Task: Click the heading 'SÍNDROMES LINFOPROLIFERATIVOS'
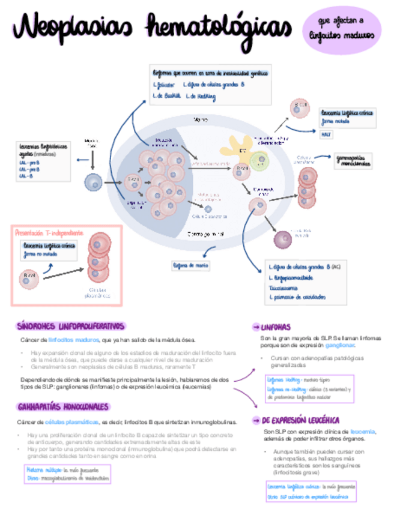[70, 326]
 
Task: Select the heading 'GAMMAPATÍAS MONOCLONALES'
[62, 407]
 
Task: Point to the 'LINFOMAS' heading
[276, 327]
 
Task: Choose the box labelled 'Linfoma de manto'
[192, 265]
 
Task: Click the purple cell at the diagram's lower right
[283, 239]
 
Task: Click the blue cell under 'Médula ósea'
[93, 181]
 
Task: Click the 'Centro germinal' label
[206, 233]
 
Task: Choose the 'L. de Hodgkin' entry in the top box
[202, 96]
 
